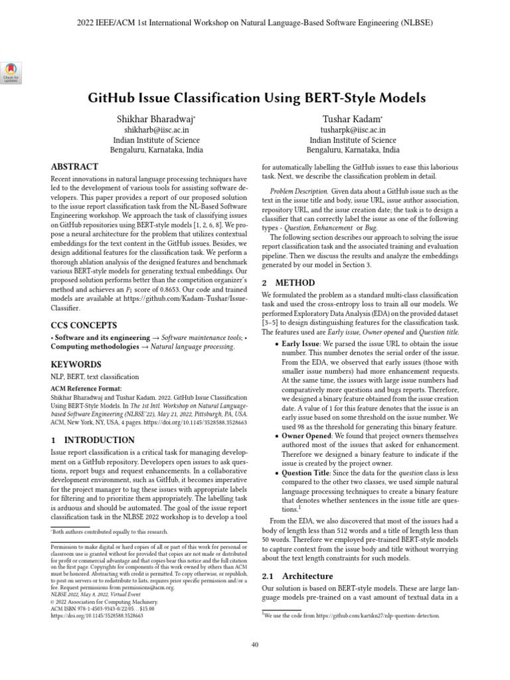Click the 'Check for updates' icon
click(x=12, y=72)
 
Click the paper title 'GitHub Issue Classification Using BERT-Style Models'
click(x=257, y=98)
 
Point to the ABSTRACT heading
click(x=74, y=167)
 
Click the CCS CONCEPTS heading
click(x=84, y=325)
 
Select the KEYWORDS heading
click(x=76, y=365)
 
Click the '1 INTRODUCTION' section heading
click(x=93, y=440)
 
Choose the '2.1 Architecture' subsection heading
click(x=297, y=575)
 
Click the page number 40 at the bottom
click(x=255, y=644)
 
